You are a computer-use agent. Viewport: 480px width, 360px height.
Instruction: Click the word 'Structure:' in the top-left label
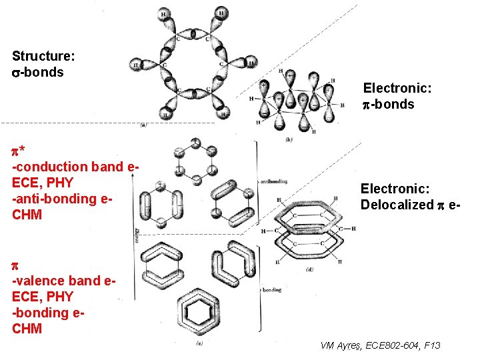pyautogui.click(x=43, y=56)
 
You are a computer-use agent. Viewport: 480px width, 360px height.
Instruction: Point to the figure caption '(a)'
pyautogui.click(x=144, y=125)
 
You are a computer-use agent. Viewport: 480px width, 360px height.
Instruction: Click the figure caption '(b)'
pyautogui.click(x=288, y=139)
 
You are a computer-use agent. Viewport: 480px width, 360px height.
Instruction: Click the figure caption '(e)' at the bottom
pyautogui.click(x=201, y=344)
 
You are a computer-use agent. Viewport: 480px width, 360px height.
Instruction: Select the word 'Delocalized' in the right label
pyautogui.click(x=396, y=205)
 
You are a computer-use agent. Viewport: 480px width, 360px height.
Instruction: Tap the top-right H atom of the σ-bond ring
pyautogui.click(x=221, y=13)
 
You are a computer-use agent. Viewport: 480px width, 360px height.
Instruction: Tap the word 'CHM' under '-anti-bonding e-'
pyautogui.click(x=27, y=215)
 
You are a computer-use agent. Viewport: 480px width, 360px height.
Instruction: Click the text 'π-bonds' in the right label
pyautogui.click(x=388, y=104)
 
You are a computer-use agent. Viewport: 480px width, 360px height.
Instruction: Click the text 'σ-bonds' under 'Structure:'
pyautogui.click(x=38, y=72)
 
